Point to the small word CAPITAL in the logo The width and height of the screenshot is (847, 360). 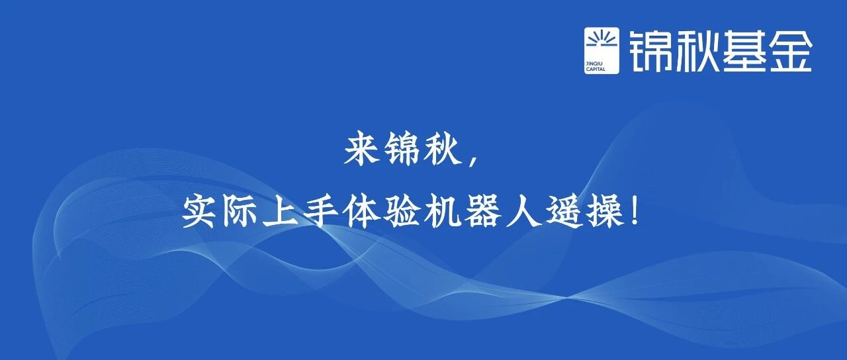tap(596, 69)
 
